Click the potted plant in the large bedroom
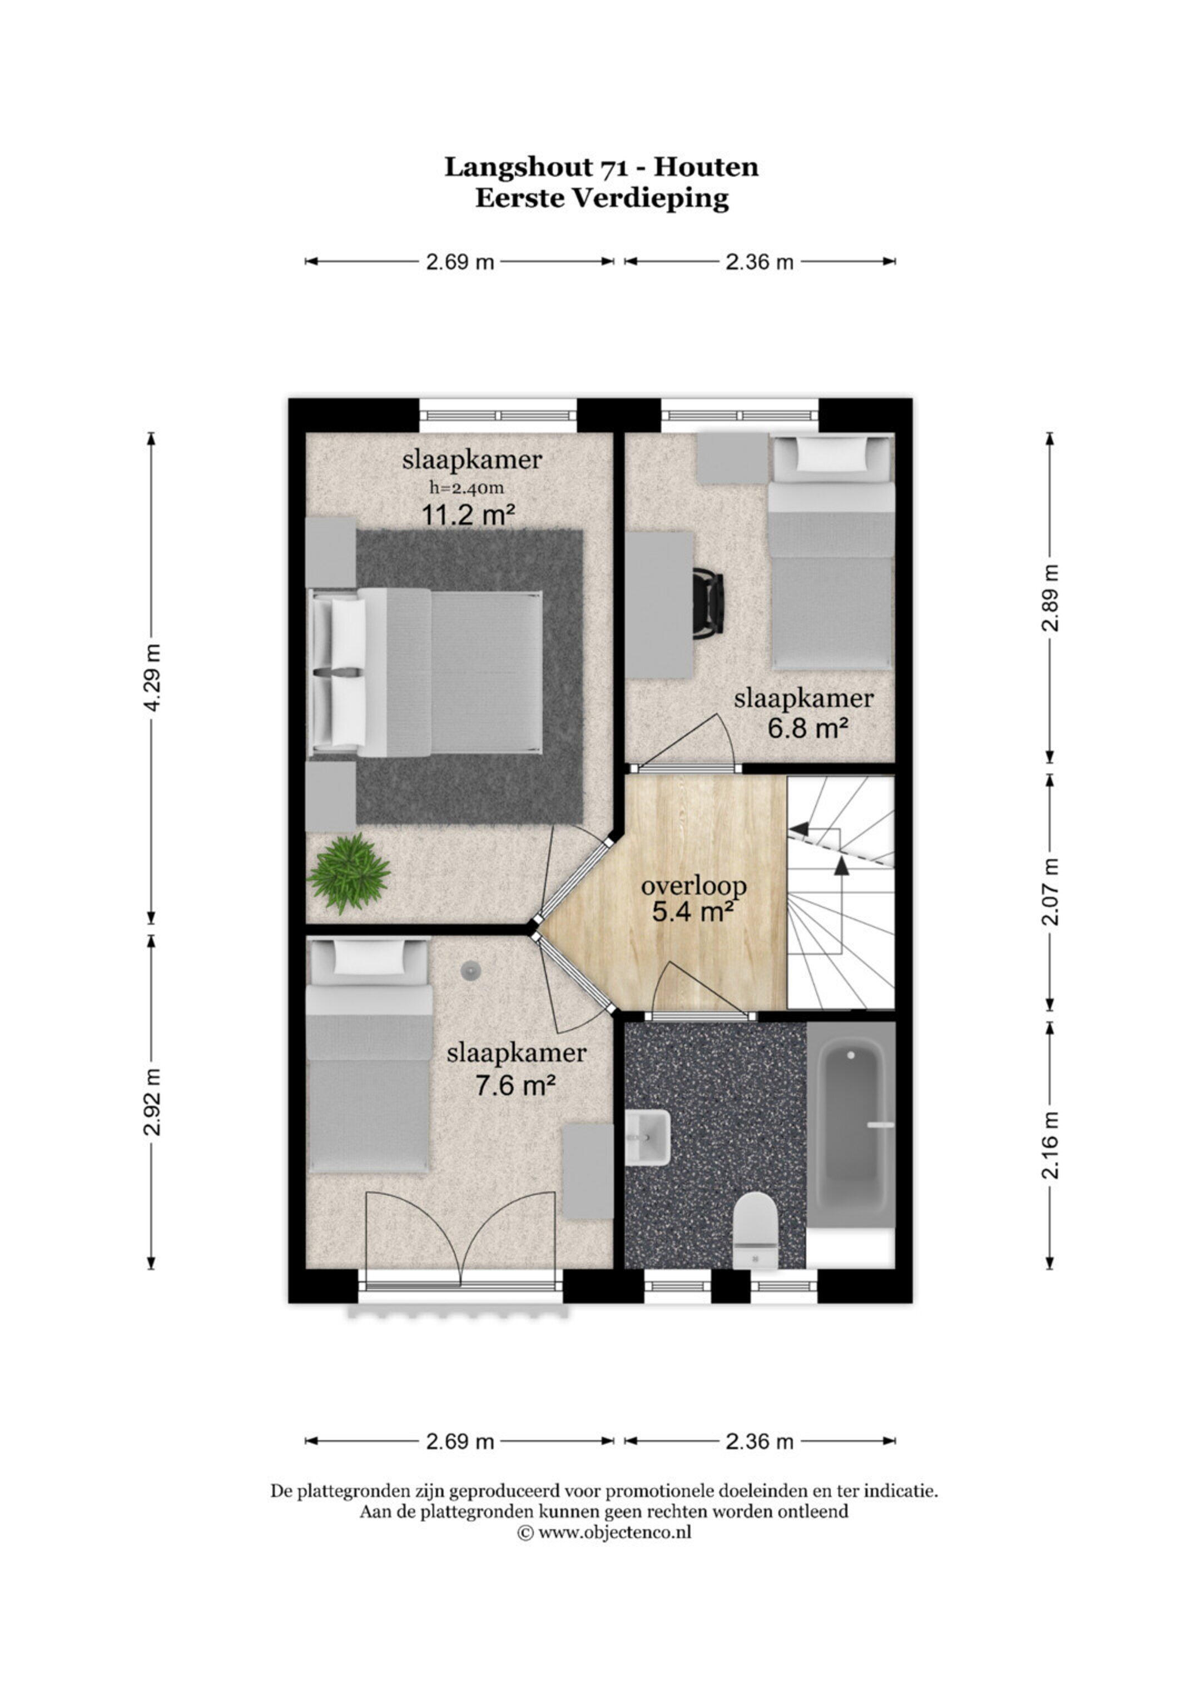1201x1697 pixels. (348, 873)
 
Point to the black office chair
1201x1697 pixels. (708, 606)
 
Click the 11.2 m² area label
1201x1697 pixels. (468, 515)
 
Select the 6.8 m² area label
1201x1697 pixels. (807, 729)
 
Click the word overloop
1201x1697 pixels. (694, 886)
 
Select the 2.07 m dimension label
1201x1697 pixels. (1050, 891)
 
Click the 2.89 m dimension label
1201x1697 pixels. (1050, 598)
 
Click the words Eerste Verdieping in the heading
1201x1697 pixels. (601, 199)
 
